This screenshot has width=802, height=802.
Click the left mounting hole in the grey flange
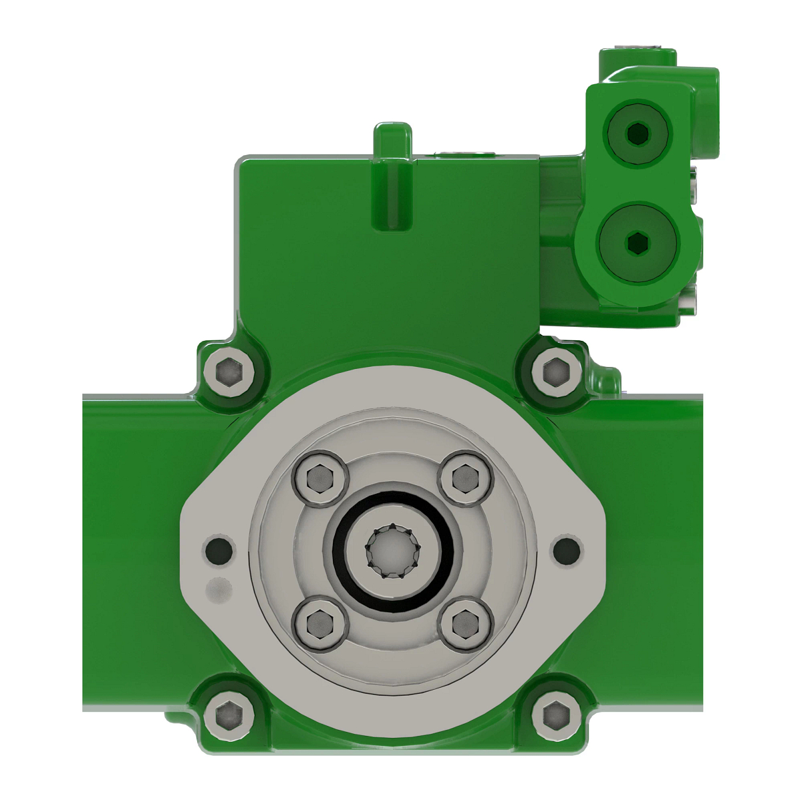tap(219, 550)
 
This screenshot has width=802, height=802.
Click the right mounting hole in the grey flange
tap(567, 550)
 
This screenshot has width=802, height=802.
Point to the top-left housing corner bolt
tap(229, 369)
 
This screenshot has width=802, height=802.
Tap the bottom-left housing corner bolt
tap(229, 715)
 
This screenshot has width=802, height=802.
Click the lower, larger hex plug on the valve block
tap(638, 243)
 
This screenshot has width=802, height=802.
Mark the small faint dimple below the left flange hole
tap(219, 589)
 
